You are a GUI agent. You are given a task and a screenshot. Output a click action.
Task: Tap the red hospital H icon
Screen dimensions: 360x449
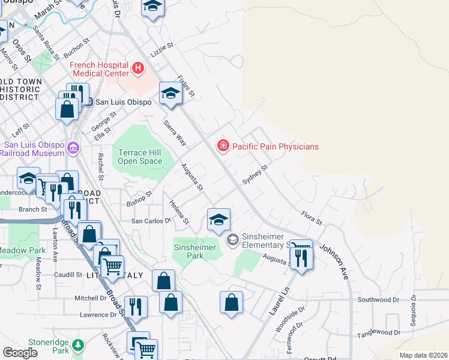click(x=139, y=68)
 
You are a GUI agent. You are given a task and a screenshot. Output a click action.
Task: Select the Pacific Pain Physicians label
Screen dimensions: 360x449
click(x=275, y=146)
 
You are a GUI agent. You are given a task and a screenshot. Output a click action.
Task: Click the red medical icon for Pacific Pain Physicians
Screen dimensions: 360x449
click(x=223, y=146)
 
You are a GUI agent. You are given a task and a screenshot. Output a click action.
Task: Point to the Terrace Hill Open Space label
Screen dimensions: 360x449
click(x=140, y=157)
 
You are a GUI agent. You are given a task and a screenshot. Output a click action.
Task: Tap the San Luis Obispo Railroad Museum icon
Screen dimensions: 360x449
click(x=73, y=147)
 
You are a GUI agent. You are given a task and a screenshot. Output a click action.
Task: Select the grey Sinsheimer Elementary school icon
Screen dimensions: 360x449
click(x=232, y=240)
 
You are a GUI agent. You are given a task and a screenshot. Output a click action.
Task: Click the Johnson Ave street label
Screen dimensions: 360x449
click(x=334, y=262)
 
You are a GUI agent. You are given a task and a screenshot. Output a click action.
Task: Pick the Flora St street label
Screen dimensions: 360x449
click(x=312, y=217)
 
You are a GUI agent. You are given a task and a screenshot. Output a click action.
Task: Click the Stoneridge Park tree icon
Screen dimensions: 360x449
click(x=77, y=345)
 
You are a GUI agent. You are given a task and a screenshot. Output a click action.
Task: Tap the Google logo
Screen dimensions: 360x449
click(x=20, y=353)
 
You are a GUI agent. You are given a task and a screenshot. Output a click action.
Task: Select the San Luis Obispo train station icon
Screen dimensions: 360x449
click(x=88, y=101)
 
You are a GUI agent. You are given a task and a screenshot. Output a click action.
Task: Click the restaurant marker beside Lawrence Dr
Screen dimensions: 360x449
click(x=136, y=307)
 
